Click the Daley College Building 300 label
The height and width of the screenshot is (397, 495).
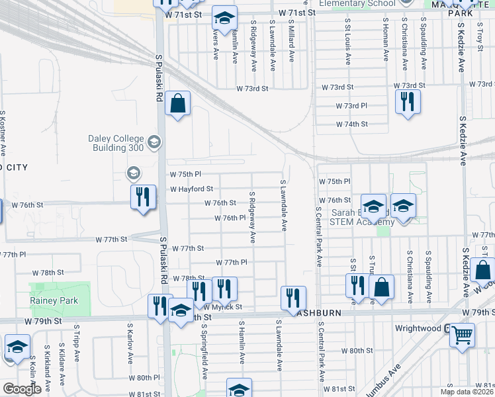point(116,142)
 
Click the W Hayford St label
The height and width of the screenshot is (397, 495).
point(191,189)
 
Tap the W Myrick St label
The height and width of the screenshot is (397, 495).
point(222,307)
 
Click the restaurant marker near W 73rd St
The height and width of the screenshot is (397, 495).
point(406,101)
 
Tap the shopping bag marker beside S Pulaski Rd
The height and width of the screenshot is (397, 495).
point(177,103)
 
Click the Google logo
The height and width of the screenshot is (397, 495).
point(22,389)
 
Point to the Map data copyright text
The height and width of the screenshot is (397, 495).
point(467,392)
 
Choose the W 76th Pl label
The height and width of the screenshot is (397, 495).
point(230,218)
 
